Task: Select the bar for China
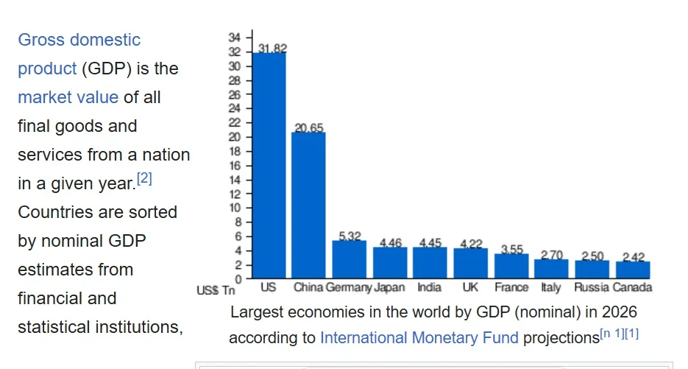coord(308,205)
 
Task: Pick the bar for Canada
coord(633,270)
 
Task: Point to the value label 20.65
coord(309,128)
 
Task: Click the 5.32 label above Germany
coord(350,236)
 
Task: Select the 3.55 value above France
coord(511,249)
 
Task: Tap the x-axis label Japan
coord(389,287)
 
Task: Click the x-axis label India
coord(430,287)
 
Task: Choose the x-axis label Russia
coord(592,287)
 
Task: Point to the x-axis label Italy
coord(550,287)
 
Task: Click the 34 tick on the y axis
coord(234,38)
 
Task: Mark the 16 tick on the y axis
coord(234,166)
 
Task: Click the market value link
coord(68,97)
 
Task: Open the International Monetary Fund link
coord(419,338)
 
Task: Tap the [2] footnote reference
coord(144,179)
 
